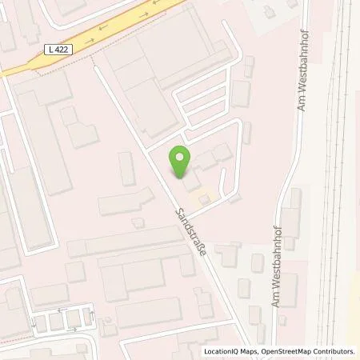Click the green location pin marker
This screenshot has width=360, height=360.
click(x=181, y=162)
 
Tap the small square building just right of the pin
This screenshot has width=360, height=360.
click(x=206, y=160)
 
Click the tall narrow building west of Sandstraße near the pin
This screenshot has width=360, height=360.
click(x=126, y=168)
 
